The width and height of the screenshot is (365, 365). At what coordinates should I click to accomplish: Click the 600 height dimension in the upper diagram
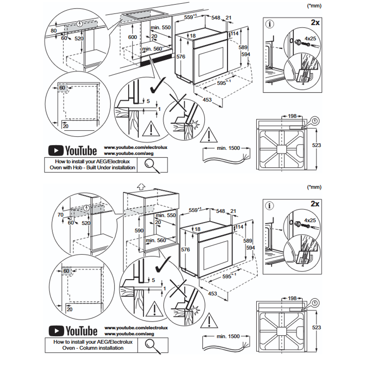pos(132,37)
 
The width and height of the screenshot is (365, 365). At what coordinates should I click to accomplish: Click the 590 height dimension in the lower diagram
pos(139,231)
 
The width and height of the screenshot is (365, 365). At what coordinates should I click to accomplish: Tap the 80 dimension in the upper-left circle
pos(54,30)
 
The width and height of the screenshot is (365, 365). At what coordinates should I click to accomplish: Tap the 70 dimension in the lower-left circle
pos(60,215)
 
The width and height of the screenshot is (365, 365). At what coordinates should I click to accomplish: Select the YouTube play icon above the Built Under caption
pos(56,151)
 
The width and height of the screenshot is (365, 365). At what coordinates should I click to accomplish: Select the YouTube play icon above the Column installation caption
pos(56,331)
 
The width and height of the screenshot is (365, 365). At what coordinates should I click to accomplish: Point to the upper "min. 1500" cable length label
pos(228,148)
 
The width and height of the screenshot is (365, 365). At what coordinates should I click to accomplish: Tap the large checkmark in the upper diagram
pos(158,85)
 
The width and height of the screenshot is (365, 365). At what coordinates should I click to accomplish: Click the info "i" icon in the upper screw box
pos(270,24)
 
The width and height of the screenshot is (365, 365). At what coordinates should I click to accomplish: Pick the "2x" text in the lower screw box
pos(315,204)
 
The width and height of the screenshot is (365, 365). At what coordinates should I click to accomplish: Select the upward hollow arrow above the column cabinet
pos(141,186)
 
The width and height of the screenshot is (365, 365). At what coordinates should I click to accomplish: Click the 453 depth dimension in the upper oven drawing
pos(207,100)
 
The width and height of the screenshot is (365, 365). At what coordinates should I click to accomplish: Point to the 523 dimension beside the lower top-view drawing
pos(317,328)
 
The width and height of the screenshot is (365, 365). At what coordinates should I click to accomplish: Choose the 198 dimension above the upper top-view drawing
pos(292,116)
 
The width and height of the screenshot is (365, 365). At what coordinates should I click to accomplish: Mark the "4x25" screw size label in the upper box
pos(310,39)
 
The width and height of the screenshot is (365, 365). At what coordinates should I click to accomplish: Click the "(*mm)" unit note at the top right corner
pos(314,6)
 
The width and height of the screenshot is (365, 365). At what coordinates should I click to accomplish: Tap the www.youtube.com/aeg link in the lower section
pos(129,334)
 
